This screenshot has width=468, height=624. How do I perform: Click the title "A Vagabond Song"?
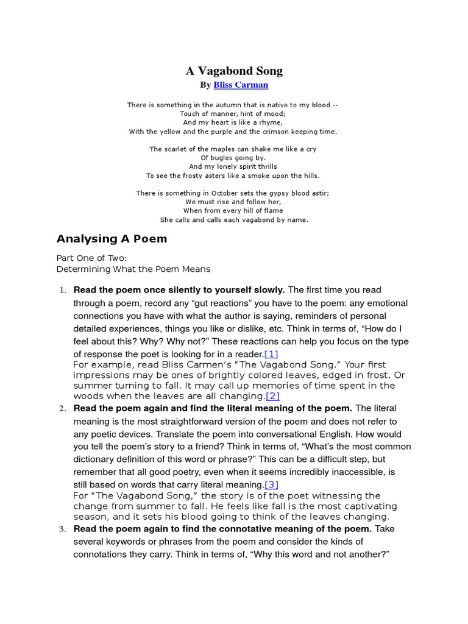pos(234,71)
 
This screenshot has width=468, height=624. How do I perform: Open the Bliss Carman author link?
pos(241,85)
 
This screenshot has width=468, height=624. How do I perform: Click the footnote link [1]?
pos(271,354)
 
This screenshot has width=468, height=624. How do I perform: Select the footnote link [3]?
pos(271,484)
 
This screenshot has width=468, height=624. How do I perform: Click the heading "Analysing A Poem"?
pos(112,238)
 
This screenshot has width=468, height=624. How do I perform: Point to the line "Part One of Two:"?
pos(91,258)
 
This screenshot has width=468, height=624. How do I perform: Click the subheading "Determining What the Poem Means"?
pos(133,269)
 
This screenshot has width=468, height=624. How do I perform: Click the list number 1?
pos(62,290)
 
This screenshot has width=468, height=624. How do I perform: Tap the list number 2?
pos(62,408)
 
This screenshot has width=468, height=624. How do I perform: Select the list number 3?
pos(62,528)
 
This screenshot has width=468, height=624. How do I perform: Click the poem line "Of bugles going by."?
pos(233,157)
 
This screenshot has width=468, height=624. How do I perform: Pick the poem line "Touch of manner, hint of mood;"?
pos(233,113)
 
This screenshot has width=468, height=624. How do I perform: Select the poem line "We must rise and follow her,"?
pos(233,202)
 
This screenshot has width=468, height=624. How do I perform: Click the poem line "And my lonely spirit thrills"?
pos(233,166)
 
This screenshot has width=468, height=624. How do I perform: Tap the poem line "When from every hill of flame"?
pos(233,211)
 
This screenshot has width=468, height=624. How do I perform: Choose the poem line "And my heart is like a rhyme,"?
pos(233,122)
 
